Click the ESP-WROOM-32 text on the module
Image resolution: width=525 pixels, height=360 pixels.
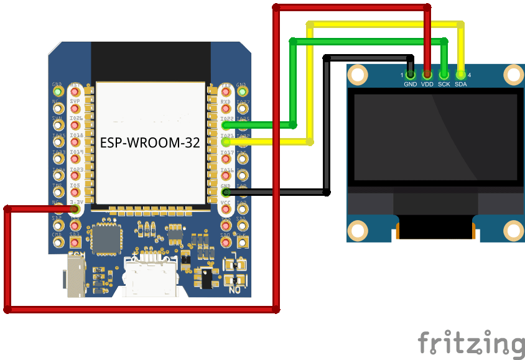pyautogui.click(x=150, y=142)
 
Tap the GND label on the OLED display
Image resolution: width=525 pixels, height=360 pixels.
pyautogui.click(x=410, y=84)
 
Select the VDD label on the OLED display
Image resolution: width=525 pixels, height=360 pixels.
pyautogui.click(x=427, y=84)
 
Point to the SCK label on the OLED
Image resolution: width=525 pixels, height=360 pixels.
pyautogui.click(x=444, y=84)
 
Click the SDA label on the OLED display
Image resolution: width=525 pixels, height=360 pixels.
pyautogui.click(x=460, y=84)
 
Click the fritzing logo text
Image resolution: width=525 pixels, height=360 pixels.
pyautogui.click(x=471, y=344)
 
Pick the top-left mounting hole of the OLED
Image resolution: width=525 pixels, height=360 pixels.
pyautogui.click(x=357, y=75)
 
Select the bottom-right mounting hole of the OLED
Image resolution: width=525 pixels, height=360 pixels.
pyautogui.click(x=514, y=230)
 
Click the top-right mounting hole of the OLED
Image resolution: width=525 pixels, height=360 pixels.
pyautogui.click(x=514, y=75)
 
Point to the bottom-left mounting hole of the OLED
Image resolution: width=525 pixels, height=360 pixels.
pyautogui.click(x=357, y=230)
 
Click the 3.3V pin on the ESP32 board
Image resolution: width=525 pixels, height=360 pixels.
pyautogui.click(x=75, y=209)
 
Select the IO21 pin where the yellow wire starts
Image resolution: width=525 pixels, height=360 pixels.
pyautogui.click(x=226, y=142)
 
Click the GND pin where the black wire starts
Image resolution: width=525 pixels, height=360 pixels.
pyautogui.click(x=226, y=192)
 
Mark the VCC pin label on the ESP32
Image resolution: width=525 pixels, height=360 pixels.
pyautogui.click(x=226, y=203)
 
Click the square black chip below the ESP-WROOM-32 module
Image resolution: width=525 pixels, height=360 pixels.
pyautogui.click(x=106, y=239)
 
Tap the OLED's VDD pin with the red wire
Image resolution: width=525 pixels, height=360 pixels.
pyautogui.click(x=427, y=75)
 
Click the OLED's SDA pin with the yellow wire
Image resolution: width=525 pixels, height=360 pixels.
pyautogui.click(x=460, y=75)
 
